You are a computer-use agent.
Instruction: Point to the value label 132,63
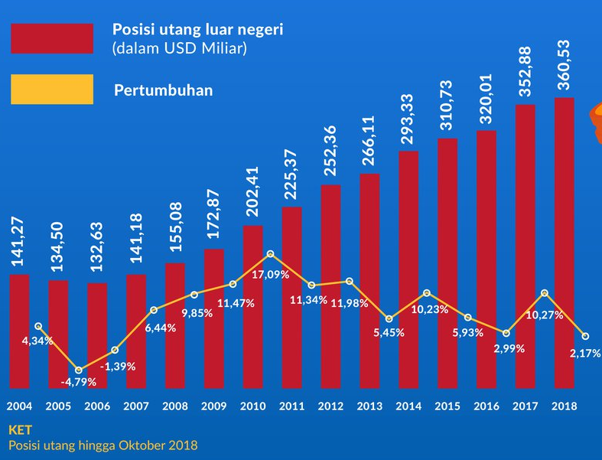click(97, 252)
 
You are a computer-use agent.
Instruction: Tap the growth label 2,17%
click(584, 353)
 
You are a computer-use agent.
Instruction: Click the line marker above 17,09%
click(272, 253)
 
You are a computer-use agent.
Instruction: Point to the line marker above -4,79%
click(78, 370)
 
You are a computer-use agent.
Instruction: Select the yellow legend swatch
click(51, 90)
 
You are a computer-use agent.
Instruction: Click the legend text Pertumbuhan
click(163, 90)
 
